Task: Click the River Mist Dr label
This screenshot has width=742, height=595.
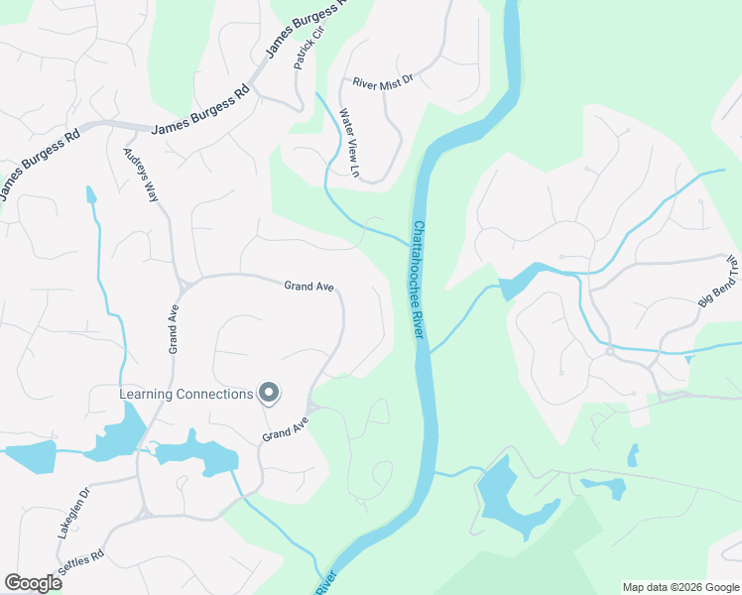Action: [x=382, y=84]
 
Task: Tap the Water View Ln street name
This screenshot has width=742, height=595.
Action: [x=348, y=144]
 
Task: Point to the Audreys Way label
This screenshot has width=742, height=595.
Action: [x=140, y=175]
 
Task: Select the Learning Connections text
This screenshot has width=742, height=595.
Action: [x=186, y=395]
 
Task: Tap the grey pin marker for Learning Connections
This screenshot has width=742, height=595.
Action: [x=268, y=394]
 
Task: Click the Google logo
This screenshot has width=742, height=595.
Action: [x=33, y=582]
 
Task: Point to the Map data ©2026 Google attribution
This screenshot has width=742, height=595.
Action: [x=680, y=587]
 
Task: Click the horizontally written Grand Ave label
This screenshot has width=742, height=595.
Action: [x=309, y=287]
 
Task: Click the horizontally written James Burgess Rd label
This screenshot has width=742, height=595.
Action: [x=199, y=128]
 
